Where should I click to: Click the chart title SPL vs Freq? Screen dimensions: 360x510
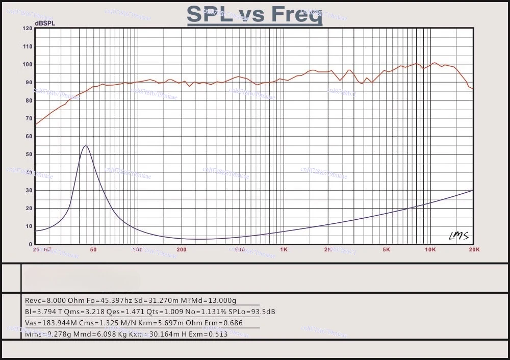coord(254,14)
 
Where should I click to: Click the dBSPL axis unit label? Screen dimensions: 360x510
coord(45,23)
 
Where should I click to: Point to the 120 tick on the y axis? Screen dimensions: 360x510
coord(28,29)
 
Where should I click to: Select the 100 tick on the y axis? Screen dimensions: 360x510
coord(28,64)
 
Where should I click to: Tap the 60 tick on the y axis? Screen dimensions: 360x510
coord(29,136)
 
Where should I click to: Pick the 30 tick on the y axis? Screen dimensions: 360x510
coord(29,190)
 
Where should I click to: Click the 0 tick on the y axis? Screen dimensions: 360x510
coord(31,244)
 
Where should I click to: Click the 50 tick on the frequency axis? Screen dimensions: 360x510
coord(93,250)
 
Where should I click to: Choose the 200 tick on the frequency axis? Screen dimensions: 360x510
coord(181,250)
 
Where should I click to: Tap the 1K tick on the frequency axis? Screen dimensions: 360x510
coord(284,250)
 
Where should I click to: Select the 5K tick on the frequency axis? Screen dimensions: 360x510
coord(386,250)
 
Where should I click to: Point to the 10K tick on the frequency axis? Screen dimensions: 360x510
coord(430,250)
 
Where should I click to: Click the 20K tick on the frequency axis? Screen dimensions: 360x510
coord(474,250)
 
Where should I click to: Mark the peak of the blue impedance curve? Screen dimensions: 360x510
coord(86,146)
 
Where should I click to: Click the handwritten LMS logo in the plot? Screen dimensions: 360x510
coord(458,235)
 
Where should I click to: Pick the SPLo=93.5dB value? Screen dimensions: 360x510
coord(253,312)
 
